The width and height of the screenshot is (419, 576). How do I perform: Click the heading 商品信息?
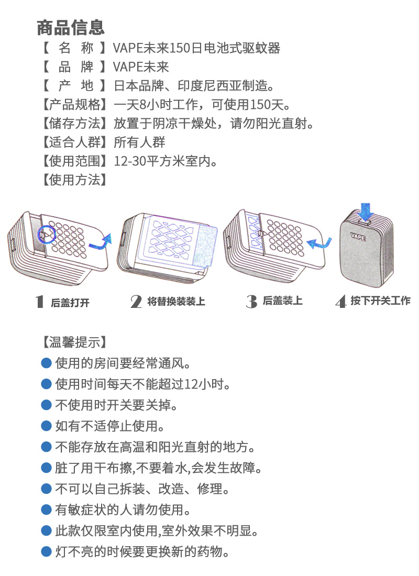coord(71,28)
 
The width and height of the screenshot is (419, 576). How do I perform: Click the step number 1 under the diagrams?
coord(40,302)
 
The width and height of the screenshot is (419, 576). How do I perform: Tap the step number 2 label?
coord(136,302)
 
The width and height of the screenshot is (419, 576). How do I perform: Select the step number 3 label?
coord(251,302)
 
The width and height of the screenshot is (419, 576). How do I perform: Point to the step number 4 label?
coord(341,302)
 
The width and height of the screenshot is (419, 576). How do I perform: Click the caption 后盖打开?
coord(70,303)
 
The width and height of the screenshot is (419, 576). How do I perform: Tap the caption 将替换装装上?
coord(176,302)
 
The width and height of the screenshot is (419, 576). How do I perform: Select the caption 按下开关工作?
coord(380,301)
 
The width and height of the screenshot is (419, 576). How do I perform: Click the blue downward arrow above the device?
coord(366,211)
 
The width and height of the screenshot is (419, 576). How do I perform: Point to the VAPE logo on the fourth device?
coord(358,236)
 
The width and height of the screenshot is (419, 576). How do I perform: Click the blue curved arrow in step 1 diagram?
coord(100,242)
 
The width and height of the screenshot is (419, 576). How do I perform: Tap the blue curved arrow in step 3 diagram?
coord(319,243)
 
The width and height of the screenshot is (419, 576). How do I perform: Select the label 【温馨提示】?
coord(74,342)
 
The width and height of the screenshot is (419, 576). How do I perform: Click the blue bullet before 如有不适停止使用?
coord(46,426)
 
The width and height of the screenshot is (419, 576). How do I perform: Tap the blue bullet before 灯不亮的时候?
coord(46,552)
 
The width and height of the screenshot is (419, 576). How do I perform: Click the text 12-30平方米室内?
coord(165,161)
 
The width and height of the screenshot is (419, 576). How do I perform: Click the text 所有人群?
coord(139,142)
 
